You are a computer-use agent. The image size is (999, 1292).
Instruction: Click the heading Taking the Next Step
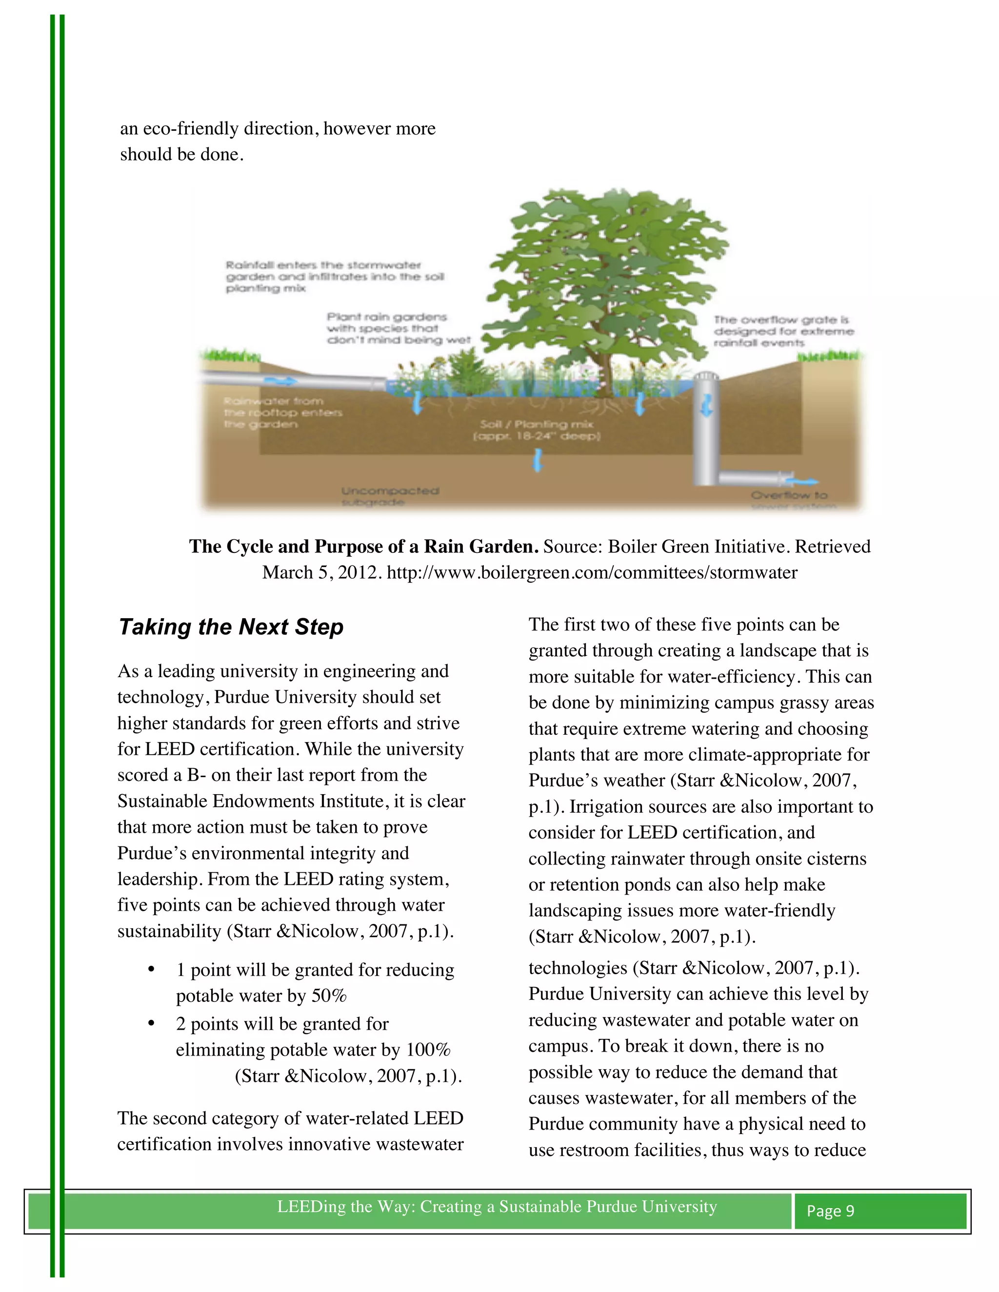coord(231,627)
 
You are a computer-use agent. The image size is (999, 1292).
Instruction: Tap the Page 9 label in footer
coord(830,1211)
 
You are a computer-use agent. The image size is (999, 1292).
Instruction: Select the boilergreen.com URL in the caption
coord(591,573)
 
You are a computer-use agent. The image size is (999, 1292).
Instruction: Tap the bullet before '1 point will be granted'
coord(152,970)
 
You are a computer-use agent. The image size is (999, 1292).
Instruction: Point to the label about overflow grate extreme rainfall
coord(782,331)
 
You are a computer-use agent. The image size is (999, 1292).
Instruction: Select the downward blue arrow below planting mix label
coord(538,460)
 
